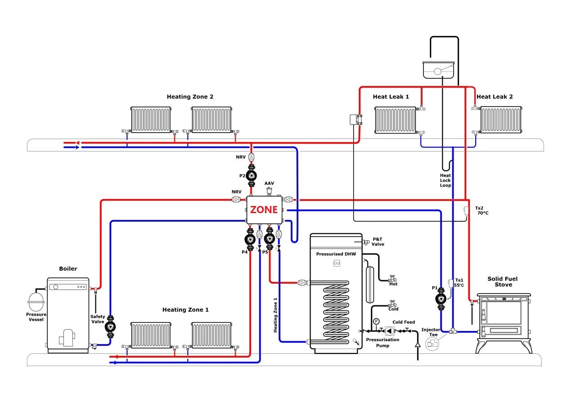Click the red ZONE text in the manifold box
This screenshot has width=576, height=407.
pyautogui.click(x=264, y=210)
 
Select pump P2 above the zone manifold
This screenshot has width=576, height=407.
pyautogui.click(x=251, y=176)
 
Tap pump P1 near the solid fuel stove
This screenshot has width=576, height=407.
pyautogui.click(x=441, y=299)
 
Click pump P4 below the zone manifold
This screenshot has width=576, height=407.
pyautogui.click(x=250, y=239)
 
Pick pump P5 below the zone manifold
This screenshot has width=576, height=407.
pyautogui.click(x=270, y=239)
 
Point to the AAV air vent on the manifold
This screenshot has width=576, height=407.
pyautogui.click(x=269, y=192)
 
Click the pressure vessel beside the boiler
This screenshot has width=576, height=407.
pyautogui.click(x=36, y=301)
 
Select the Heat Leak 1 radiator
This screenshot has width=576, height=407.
pyautogui.click(x=396, y=120)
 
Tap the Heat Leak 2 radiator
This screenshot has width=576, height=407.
pyautogui.click(x=501, y=120)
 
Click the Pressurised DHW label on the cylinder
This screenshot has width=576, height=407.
pyautogui.click(x=336, y=254)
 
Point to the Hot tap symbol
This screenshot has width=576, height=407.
pyautogui.click(x=392, y=278)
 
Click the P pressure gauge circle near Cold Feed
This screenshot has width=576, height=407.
pyautogui.click(x=376, y=321)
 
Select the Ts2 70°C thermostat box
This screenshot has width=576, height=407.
pyautogui.click(x=466, y=210)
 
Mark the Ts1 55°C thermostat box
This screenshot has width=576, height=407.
pyautogui.click(x=451, y=283)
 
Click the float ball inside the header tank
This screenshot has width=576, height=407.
pyautogui.click(x=437, y=72)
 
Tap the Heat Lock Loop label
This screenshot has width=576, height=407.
pyautogui.click(x=445, y=180)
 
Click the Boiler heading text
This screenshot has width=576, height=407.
pyautogui.click(x=68, y=268)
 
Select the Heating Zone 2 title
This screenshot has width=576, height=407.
pyautogui.click(x=190, y=97)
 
